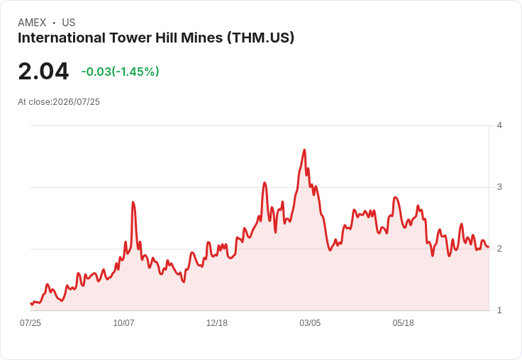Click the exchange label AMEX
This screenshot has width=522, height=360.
[x=32, y=23]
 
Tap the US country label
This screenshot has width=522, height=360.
[x=69, y=23]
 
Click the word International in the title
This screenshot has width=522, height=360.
[x=62, y=38]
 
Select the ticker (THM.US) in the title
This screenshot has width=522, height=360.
[x=261, y=38]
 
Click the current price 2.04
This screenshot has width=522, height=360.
[x=43, y=71]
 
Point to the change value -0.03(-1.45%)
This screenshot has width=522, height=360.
[x=120, y=72]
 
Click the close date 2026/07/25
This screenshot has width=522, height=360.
[x=76, y=102]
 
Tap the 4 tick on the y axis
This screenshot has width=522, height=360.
[x=499, y=125]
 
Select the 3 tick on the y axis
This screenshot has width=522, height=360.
[x=499, y=187]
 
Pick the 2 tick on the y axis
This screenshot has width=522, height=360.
[x=499, y=249]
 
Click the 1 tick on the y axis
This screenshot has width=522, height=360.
[x=499, y=310]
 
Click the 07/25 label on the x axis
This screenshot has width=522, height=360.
[x=30, y=323]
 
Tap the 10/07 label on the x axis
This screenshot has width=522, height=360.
[x=123, y=323]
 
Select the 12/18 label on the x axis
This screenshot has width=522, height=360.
[x=217, y=323]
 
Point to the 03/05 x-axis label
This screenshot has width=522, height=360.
[x=310, y=323]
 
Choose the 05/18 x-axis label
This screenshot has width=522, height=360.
[x=403, y=323]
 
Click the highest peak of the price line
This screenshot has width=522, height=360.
[x=304, y=150]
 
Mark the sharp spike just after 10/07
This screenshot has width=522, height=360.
[x=133, y=202]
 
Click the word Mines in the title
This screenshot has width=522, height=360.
[x=201, y=38]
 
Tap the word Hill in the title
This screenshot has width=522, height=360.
[x=167, y=38]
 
